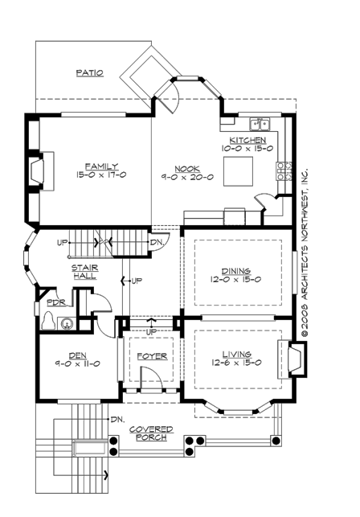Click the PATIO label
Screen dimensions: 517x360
89,72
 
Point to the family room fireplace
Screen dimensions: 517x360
36,171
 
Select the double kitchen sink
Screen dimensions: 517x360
260,124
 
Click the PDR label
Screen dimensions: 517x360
55,303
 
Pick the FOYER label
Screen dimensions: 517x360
150,354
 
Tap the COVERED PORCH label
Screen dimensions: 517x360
151,433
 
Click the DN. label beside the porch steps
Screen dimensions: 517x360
117,419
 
